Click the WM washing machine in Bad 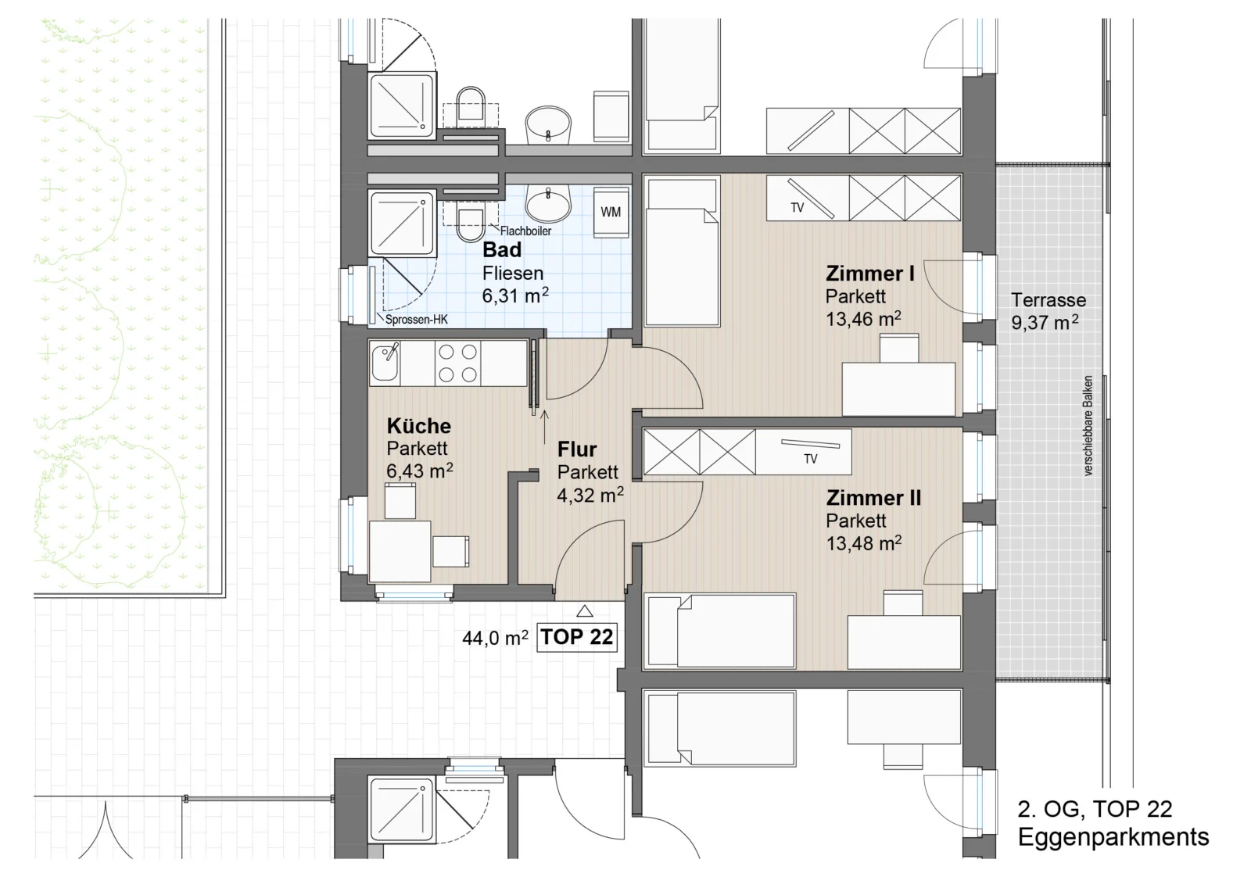click(611, 213)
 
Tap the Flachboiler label click(525, 231)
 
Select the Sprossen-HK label click(417, 320)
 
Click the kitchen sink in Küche click(385, 363)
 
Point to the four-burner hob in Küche click(457, 363)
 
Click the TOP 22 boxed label click(577, 637)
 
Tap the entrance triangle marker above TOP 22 click(585, 611)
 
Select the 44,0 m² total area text click(495, 638)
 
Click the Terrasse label click(1048, 300)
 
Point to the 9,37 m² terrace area click(1045, 323)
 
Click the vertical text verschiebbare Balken click(1088, 425)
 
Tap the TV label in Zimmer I click(797, 208)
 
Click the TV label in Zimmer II click(810, 459)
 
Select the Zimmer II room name click(873, 498)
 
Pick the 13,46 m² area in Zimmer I click(863, 320)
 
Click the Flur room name click(577, 449)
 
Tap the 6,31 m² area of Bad click(515, 295)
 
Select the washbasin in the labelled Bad click(548, 204)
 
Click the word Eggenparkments click(1113, 837)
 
